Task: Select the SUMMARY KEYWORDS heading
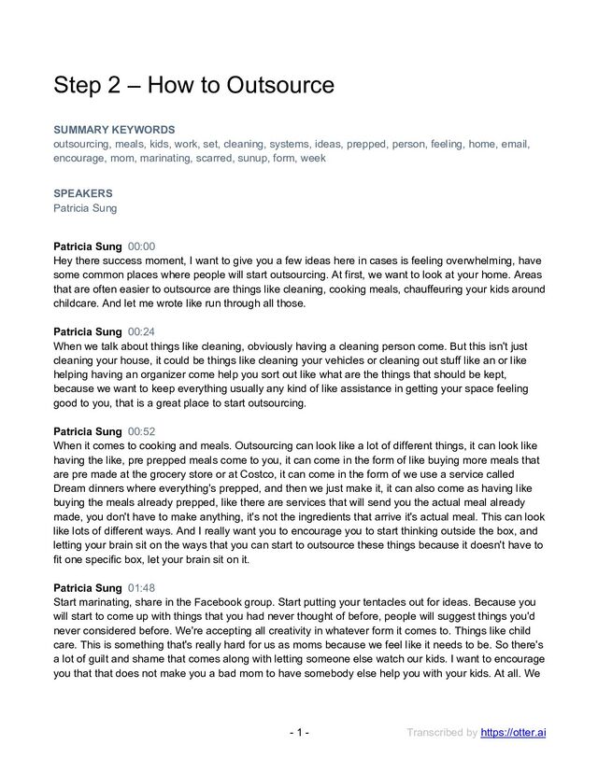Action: [114, 130]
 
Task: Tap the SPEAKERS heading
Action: [83, 193]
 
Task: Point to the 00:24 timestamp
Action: [142, 331]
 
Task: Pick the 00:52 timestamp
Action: [142, 431]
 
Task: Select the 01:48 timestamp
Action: [142, 588]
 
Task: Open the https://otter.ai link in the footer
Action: [513, 732]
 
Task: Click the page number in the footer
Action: [299, 732]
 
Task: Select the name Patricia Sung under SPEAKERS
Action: [85, 208]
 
